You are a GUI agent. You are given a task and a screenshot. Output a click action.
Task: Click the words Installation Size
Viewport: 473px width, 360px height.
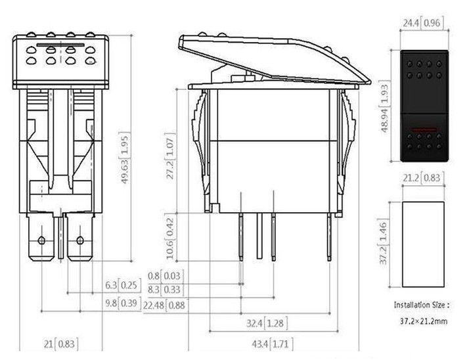(421, 305)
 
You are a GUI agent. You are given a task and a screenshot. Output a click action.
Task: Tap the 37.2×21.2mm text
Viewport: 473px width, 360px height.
(423, 322)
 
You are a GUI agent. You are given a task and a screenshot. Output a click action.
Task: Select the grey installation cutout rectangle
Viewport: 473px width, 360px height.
(424, 244)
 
